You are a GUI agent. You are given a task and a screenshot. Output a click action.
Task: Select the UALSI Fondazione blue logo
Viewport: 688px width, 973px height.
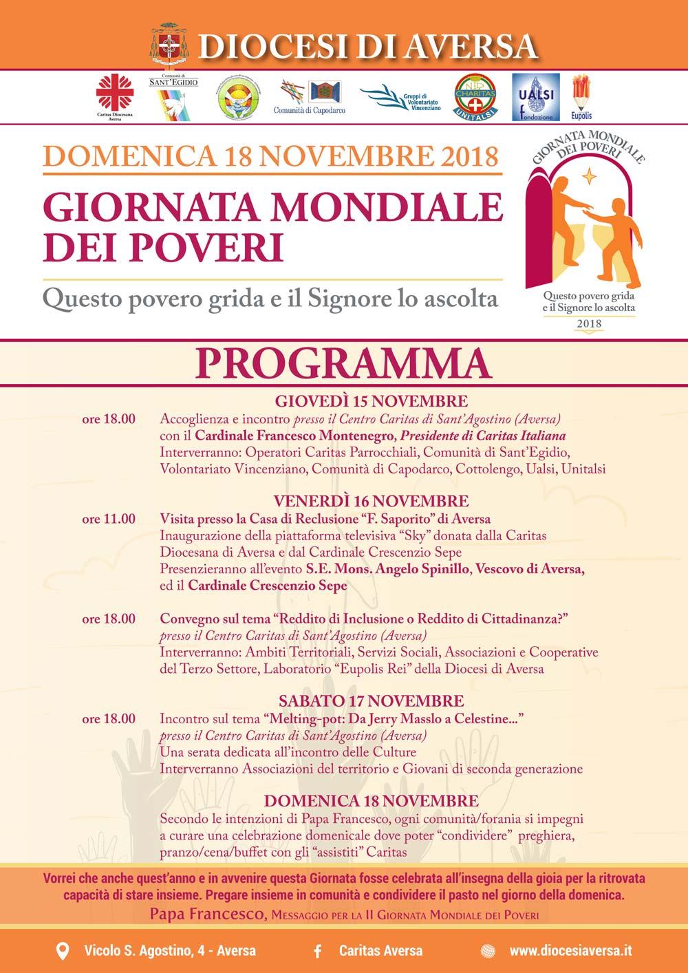point(537,97)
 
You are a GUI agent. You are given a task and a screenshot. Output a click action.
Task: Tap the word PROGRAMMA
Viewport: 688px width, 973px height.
point(343,363)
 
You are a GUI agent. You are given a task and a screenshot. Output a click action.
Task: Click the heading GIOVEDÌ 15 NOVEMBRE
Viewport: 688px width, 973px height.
point(371,401)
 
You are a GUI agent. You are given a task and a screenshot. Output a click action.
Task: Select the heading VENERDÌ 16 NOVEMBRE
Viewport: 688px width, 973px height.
point(371,501)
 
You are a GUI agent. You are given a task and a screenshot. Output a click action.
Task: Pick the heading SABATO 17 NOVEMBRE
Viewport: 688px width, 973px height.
point(371,701)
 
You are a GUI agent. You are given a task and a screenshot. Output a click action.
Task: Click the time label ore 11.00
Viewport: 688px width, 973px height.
point(109,519)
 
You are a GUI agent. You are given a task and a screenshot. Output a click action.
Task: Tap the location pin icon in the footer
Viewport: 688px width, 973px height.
point(62,951)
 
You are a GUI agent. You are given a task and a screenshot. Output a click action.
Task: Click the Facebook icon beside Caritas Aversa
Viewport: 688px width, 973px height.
point(318,951)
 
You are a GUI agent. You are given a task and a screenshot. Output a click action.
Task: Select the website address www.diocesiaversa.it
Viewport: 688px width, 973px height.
point(570,951)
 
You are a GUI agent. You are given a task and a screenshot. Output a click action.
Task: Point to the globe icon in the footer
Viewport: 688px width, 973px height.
point(488,951)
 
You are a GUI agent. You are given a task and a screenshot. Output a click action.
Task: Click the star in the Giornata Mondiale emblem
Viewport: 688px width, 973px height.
point(590,178)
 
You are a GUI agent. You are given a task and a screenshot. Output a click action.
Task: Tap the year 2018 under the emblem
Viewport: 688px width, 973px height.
point(589,323)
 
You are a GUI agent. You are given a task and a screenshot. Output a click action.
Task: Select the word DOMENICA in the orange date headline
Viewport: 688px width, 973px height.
point(129,156)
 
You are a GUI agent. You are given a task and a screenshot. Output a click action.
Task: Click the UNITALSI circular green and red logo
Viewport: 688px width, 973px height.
point(475,97)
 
